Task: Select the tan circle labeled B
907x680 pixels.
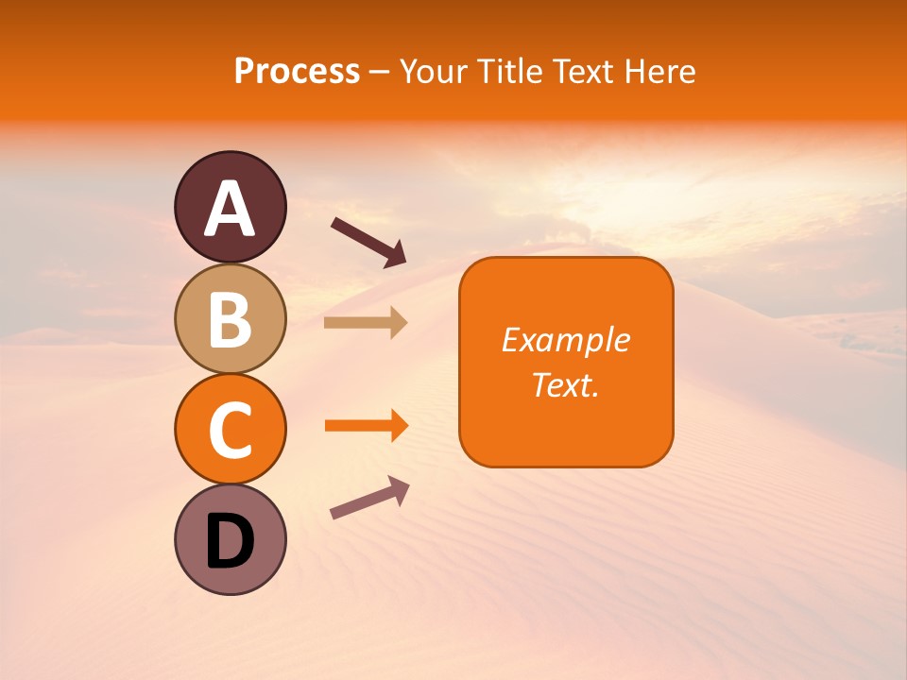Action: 231,318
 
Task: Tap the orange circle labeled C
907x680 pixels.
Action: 231,429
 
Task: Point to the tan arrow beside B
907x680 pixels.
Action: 365,322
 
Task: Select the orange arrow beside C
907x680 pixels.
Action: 366,426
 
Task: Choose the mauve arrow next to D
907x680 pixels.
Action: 368,498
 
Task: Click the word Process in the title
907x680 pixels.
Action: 297,72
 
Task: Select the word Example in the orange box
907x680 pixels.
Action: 565,340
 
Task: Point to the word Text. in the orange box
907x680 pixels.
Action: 565,384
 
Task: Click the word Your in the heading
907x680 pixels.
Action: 433,72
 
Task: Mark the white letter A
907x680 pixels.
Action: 231,210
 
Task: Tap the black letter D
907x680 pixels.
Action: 231,542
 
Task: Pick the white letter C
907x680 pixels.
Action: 231,431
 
